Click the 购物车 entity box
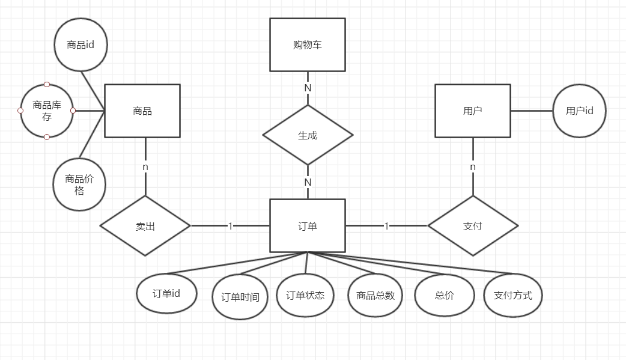[307, 44]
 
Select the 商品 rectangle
[142, 111]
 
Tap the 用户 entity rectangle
[472, 111]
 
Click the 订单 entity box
[307, 226]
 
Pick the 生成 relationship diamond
[308, 135]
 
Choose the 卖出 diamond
[145, 226]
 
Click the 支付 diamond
[472, 226]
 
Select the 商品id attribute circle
[81, 45]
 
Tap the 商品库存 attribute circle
[47, 111]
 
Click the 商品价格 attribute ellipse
[79, 185]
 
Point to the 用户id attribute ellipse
[579, 111]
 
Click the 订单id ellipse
[166, 293]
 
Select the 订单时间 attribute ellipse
[240, 297]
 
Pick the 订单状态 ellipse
[305, 295]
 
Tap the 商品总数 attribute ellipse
[375, 295]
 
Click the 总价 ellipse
[444, 295]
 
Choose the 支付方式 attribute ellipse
[512, 295]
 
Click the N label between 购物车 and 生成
[308, 88]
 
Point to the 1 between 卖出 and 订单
[230, 226]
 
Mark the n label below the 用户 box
[472, 166]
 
